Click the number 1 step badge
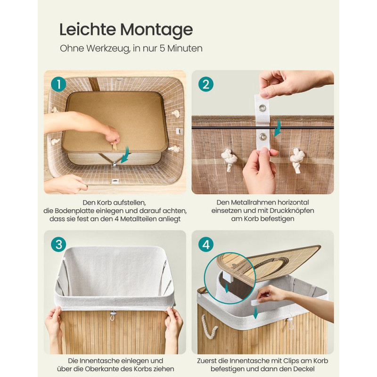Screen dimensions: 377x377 click(58, 84)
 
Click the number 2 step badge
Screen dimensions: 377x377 click(206, 84)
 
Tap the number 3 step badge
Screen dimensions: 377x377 click(58, 245)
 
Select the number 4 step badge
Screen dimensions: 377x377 click(206, 245)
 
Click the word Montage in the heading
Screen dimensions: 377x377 click(156, 30)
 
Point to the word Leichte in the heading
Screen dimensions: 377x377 click(88, 29)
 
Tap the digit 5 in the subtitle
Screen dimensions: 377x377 click(162, 49)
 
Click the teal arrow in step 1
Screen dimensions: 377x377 click(125, 155)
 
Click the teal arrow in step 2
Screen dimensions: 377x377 click(278, 127)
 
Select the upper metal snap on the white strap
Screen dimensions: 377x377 click(261, 108)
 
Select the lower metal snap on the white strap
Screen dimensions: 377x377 click(262, 137)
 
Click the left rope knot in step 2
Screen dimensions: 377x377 click(229, 159)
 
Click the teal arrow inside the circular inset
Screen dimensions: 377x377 click(226, 288)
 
